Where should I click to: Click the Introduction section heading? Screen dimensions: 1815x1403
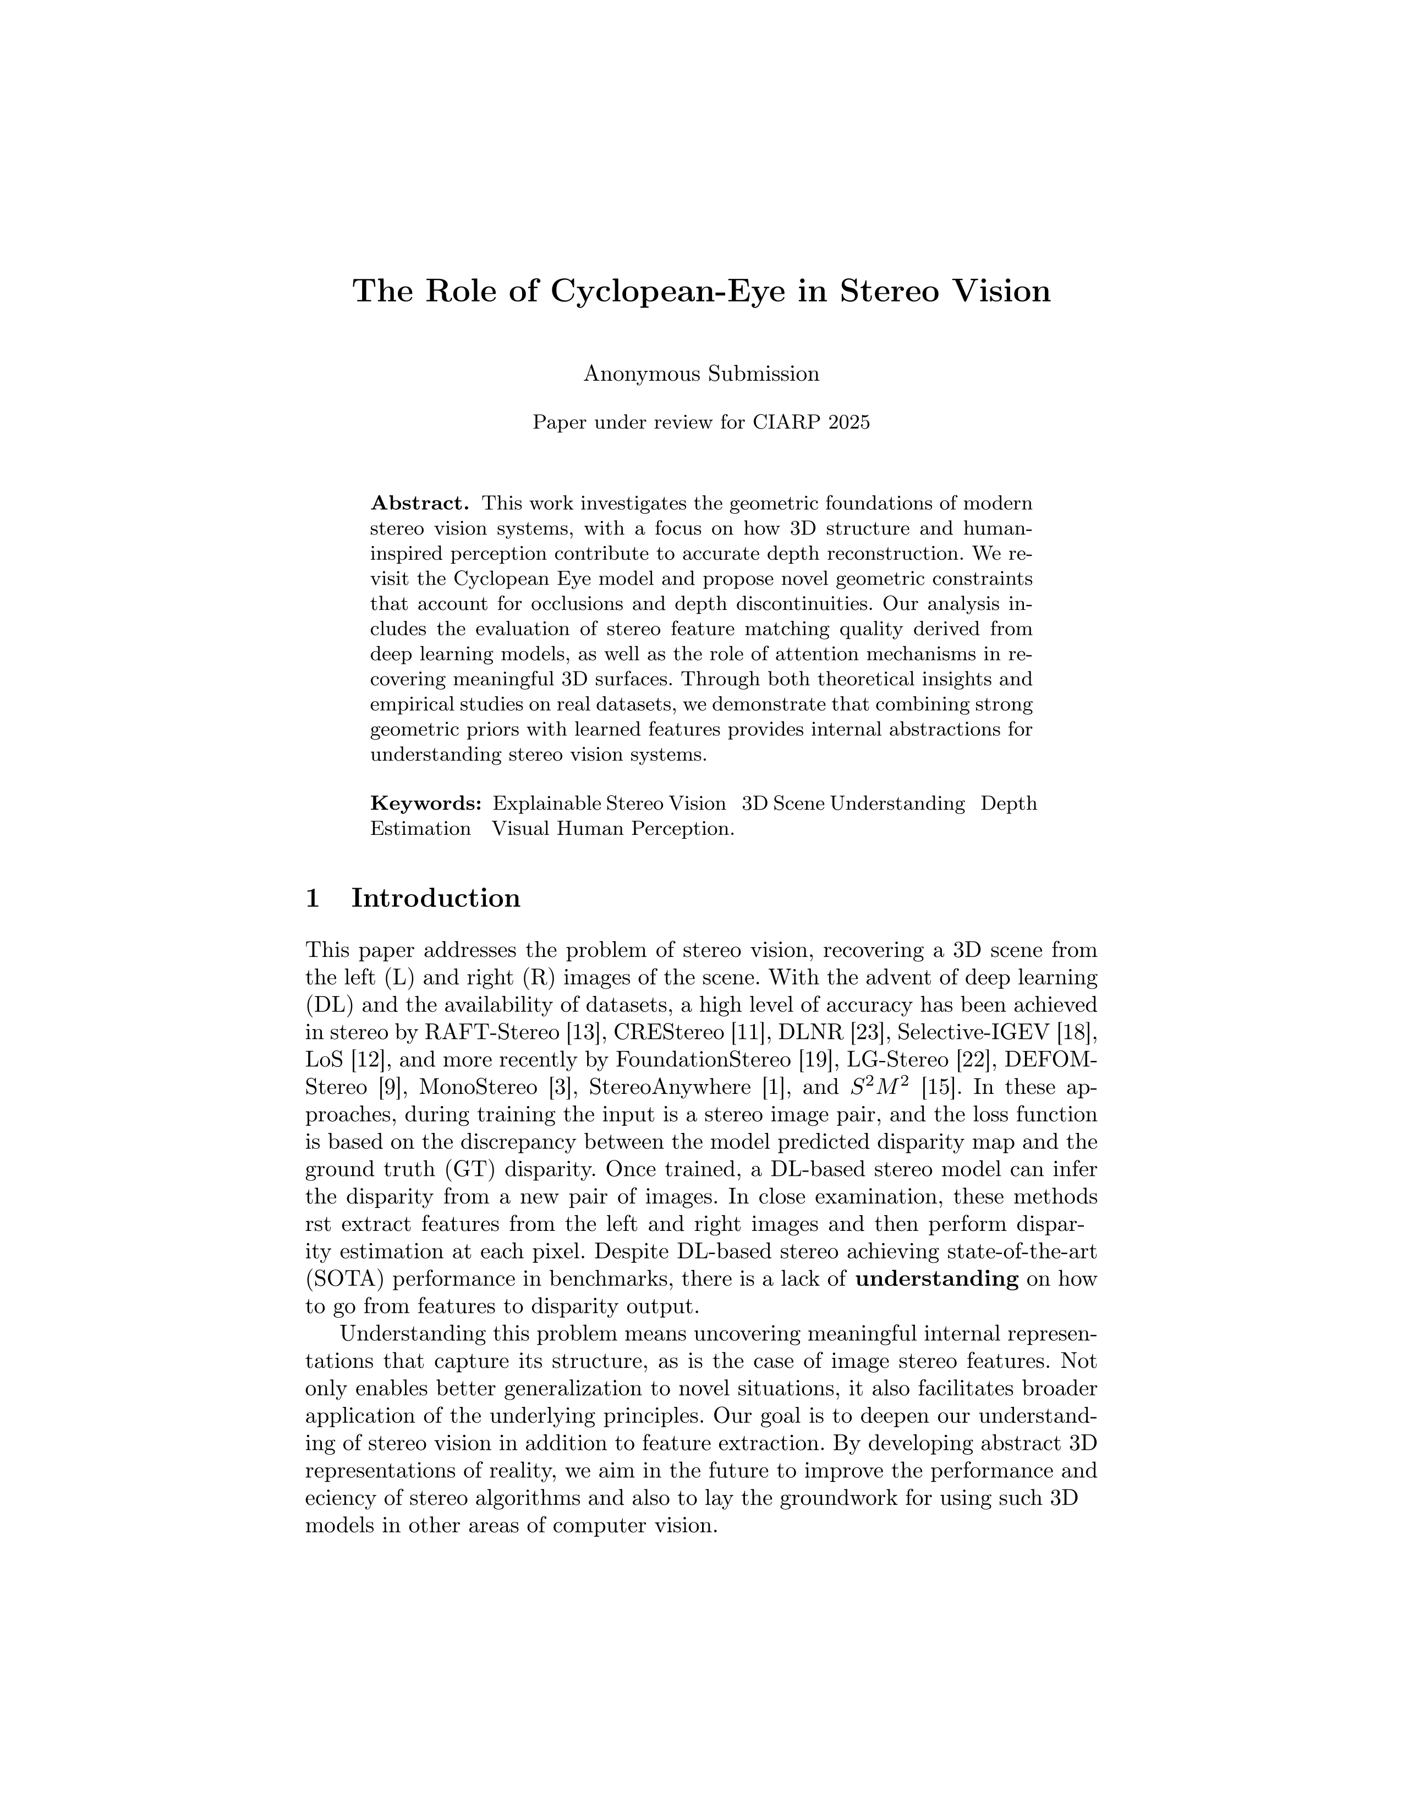pos(436,898)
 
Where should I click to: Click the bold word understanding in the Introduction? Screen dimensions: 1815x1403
pos(937,1279)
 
